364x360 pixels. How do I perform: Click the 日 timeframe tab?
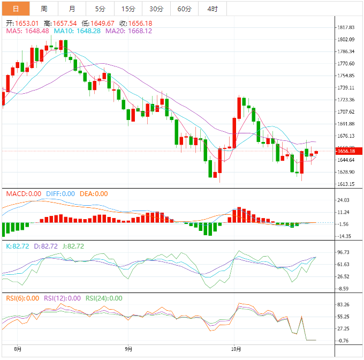coord(15,9)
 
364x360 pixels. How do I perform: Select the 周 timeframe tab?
coord(44,9)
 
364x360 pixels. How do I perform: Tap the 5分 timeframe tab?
coord(100,9)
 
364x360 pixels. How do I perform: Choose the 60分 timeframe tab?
coord(184,9)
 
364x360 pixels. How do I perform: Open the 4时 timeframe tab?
coord(212,9)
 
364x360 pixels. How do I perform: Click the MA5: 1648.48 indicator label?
coord(27,31)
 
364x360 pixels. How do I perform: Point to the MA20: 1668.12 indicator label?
coord(128,31)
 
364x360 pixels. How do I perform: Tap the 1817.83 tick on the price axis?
coord(346,27)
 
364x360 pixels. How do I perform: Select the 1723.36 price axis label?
coord(346,100)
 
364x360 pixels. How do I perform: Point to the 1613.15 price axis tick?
coord(346,184)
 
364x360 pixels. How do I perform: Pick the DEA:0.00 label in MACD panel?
coord(93,194)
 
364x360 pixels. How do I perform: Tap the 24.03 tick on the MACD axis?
coord(344,200)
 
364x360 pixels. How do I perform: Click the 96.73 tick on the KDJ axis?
coord(344,252)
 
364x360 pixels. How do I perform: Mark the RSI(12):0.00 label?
coord(62,298)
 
